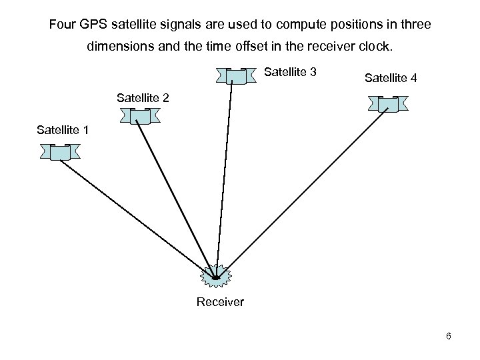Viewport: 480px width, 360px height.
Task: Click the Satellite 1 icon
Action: [60, 153]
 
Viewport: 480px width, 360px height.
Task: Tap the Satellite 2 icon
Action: [139, 116]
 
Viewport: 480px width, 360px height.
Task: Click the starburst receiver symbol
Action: [216, 275]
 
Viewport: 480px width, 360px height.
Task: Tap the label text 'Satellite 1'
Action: [63, 129]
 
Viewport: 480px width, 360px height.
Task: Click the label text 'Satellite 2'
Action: [143, 98]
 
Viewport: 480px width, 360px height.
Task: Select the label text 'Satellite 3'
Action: [291, 71]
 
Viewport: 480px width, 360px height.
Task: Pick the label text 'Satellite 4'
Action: [391, 78]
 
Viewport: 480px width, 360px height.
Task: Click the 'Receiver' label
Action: [220, 303]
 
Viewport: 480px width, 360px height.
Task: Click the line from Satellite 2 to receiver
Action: [177, 197]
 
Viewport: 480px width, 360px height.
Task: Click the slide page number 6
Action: [449, 336]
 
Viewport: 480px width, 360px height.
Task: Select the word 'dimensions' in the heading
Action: [118, 48]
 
